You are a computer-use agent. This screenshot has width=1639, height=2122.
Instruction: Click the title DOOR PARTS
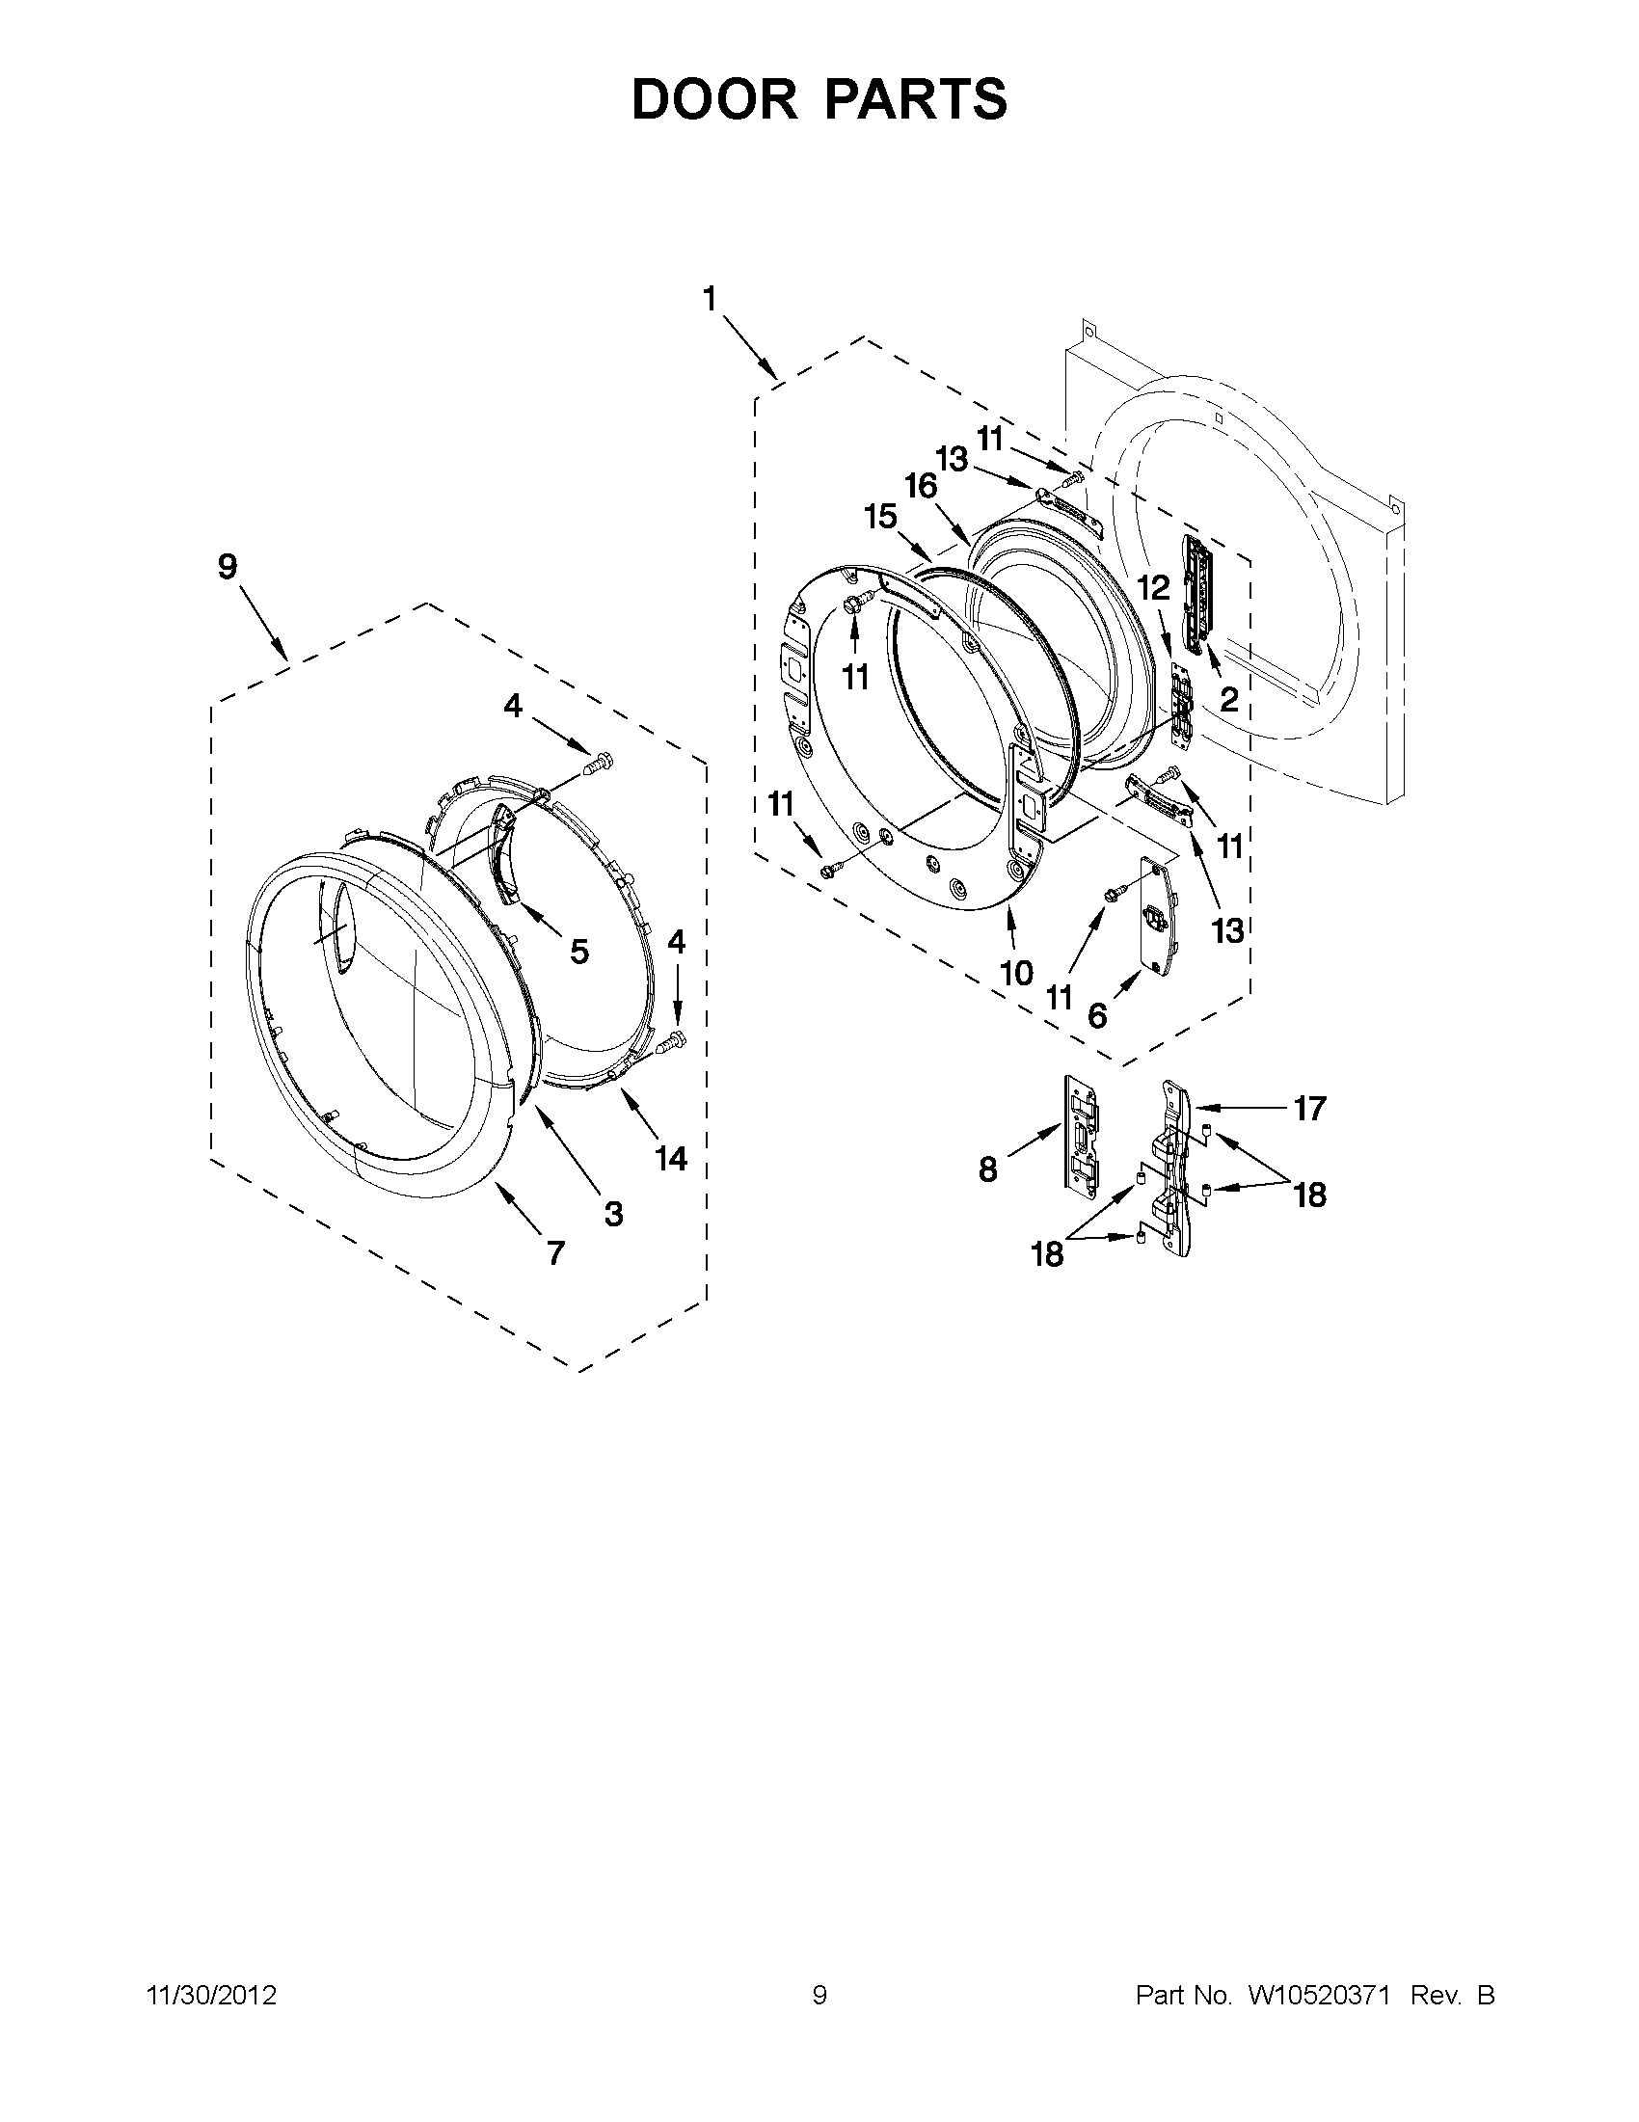(x=819, y=99)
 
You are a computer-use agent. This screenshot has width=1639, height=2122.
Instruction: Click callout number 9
(x=227, y=567)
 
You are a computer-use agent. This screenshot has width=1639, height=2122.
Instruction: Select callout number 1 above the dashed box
(x=711, y=299)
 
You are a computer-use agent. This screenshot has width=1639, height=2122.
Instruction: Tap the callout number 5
(x=579, y=952)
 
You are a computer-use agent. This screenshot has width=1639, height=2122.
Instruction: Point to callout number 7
(x=554, y=1253)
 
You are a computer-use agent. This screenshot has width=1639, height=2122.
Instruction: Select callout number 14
(x=671, y=1158)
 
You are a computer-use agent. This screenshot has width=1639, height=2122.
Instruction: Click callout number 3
(x=613, y=1213)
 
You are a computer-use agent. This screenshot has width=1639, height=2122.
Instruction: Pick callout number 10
(x=1016, y=973)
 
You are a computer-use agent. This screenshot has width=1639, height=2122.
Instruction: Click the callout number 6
(x=1097, y=1016)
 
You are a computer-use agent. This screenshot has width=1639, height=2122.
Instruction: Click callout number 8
(x=988, y=1169)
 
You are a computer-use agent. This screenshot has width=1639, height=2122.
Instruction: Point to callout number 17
(x=1309, y=1108)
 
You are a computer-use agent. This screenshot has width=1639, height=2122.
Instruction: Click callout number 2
(x=1229, y=699)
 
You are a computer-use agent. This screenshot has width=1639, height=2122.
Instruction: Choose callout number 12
(x=1154, y=587)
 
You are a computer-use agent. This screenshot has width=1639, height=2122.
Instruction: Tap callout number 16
(x=921, y=485)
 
